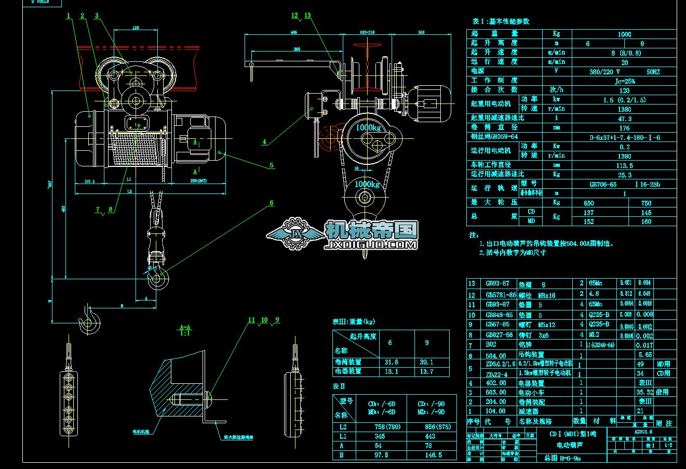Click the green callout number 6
271,203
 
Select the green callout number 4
264,141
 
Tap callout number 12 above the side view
295,16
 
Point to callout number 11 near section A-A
251,320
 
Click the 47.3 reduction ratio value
624,119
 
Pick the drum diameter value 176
624,128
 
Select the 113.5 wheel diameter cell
624,165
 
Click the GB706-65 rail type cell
603,184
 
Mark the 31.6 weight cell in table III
391,362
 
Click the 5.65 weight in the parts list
644,355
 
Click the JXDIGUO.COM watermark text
370,244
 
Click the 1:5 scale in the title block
668,445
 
